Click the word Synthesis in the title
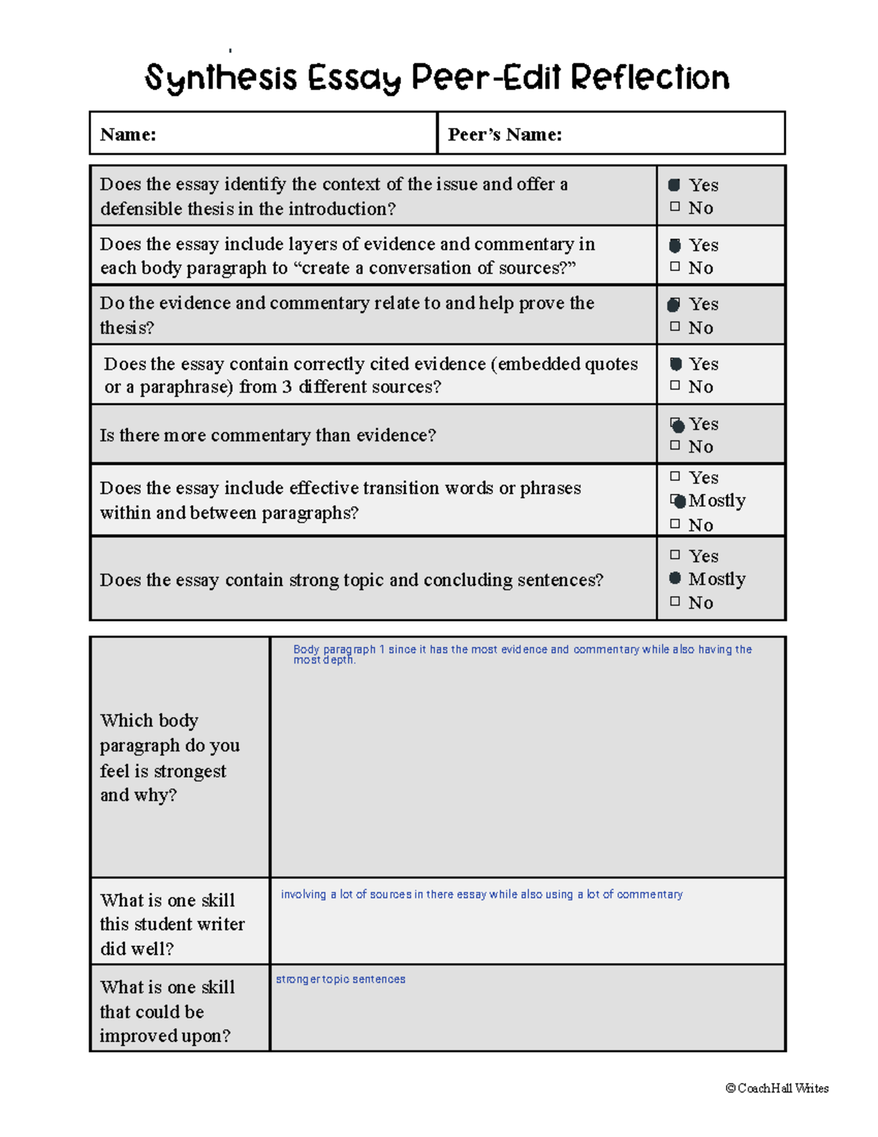click(221, 78)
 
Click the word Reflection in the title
click(650, 78)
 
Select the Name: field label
click(128, 135)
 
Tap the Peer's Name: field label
click(505, 135)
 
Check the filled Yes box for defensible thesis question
click(675, 185)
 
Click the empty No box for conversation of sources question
click(675, 267)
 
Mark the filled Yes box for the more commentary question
click(678, 425)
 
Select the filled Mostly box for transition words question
click(678, 501)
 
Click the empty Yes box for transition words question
click(675, 477)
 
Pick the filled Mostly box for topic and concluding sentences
click(675, 578)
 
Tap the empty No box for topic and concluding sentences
click(675, 602)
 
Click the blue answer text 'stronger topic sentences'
click(340, 980)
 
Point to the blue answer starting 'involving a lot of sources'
click(481, 895)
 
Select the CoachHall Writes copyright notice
click(777, 1089)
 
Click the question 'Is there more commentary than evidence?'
click(268, 436)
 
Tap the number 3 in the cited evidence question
click(288, 387)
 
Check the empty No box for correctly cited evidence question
click(675, 386)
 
